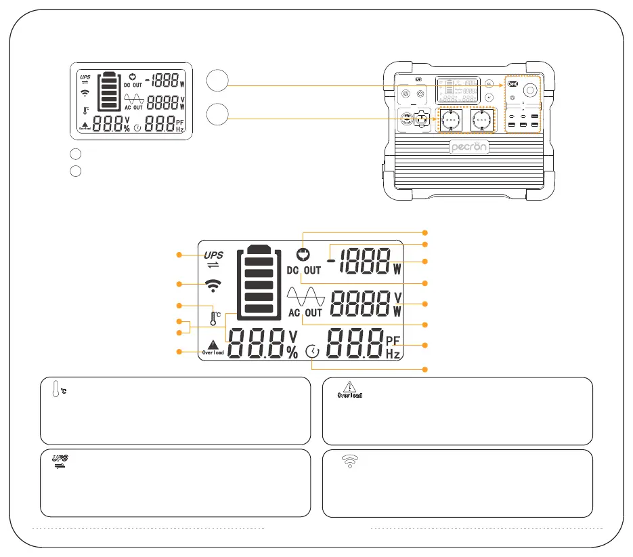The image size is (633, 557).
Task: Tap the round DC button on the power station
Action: click(490, 83)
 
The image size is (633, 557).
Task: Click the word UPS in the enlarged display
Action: click(214, 255)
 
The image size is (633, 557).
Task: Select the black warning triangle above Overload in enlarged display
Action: click(214, 344)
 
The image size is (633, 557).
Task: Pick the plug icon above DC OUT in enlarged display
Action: click(303, 255)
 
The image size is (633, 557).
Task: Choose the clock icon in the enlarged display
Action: click(312, 352)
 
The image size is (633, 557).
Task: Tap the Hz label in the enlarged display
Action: click(393, 354)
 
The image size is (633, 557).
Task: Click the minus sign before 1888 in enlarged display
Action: click(331, 260)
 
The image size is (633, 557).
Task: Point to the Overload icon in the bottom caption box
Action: click(351, 390)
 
